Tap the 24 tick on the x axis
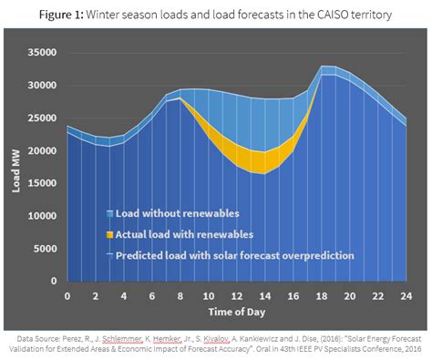point(406,295)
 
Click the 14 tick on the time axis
point(264,295)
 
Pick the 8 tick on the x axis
point(180,295)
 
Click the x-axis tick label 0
point(67,295)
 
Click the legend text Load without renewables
point(179,213)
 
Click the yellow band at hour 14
point(264,161)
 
